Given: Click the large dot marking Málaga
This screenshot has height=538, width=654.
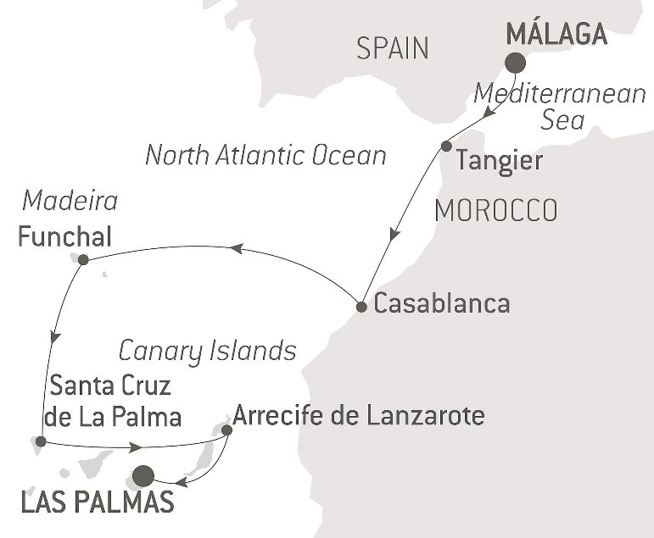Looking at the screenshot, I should coord(515,64).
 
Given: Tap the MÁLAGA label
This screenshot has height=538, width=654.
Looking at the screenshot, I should coord(556,35).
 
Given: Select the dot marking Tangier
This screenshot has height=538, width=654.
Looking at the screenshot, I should coord(446,147).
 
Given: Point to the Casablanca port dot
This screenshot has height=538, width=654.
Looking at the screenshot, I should coord(361,307).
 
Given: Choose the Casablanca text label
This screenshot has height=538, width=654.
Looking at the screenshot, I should coord(442,303).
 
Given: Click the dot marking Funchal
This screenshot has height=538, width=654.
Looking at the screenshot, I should coord(83,259).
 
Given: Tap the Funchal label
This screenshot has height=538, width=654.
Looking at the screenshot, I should coord(64,235).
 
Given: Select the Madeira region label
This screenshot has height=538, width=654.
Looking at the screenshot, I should coord(70,202).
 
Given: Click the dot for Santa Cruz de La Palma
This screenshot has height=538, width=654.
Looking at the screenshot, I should coord(41,441).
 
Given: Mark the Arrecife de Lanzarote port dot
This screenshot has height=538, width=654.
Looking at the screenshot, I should coord(226,430).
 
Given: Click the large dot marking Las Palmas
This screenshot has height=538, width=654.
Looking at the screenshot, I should coord(143,476).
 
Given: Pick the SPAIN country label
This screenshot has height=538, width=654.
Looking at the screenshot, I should coord(392,48).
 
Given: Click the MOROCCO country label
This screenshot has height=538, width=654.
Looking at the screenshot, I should coord(495,210).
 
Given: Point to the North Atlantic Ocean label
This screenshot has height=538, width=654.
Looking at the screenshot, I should coord(266,155).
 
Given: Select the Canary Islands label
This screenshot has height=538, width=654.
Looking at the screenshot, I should coord(207,350).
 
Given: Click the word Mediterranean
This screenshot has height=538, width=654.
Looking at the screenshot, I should coord(560,93).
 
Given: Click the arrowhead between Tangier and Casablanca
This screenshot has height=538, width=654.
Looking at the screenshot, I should coord(394,234).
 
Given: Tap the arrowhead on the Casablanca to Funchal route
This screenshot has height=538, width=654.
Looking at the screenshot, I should coord(237,247).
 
